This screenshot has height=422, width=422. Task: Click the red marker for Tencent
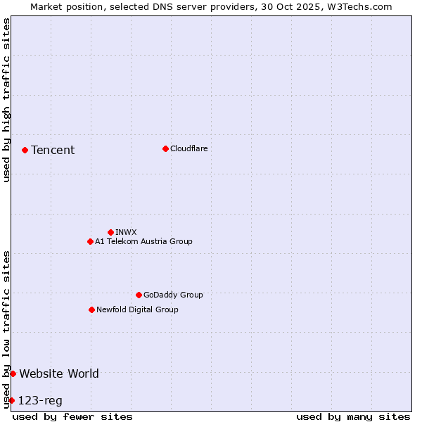coord(25,150)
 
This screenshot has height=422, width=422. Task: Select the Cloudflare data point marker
coord(165,148)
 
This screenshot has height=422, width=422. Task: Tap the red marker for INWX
coord(110,232)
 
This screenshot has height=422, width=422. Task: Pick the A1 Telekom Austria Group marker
coord(90,241)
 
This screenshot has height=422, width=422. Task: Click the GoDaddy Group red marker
coord(139,295)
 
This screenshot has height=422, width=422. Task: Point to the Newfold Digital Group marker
coord(91,309)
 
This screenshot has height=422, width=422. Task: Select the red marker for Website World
coord(13,373)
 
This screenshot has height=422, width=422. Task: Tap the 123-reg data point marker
coord(11,400)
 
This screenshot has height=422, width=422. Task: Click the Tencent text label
coord(53,150)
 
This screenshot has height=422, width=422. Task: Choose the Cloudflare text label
coord(189,148)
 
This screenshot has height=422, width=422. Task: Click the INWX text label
coord(126,232)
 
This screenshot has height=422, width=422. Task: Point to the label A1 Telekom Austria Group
coord(143,241)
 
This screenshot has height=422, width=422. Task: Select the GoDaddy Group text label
coord(173,295)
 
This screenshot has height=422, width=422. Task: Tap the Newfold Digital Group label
coord(137,309)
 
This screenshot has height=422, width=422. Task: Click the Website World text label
coord(59,373)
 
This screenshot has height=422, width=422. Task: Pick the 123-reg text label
coord(40,401)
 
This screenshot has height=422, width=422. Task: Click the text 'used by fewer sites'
coord(72,416)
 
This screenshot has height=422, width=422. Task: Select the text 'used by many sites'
coord(353,416)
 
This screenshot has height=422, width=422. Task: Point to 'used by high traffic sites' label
coord(6,100)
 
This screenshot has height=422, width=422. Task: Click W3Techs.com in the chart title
coord(357,6)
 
